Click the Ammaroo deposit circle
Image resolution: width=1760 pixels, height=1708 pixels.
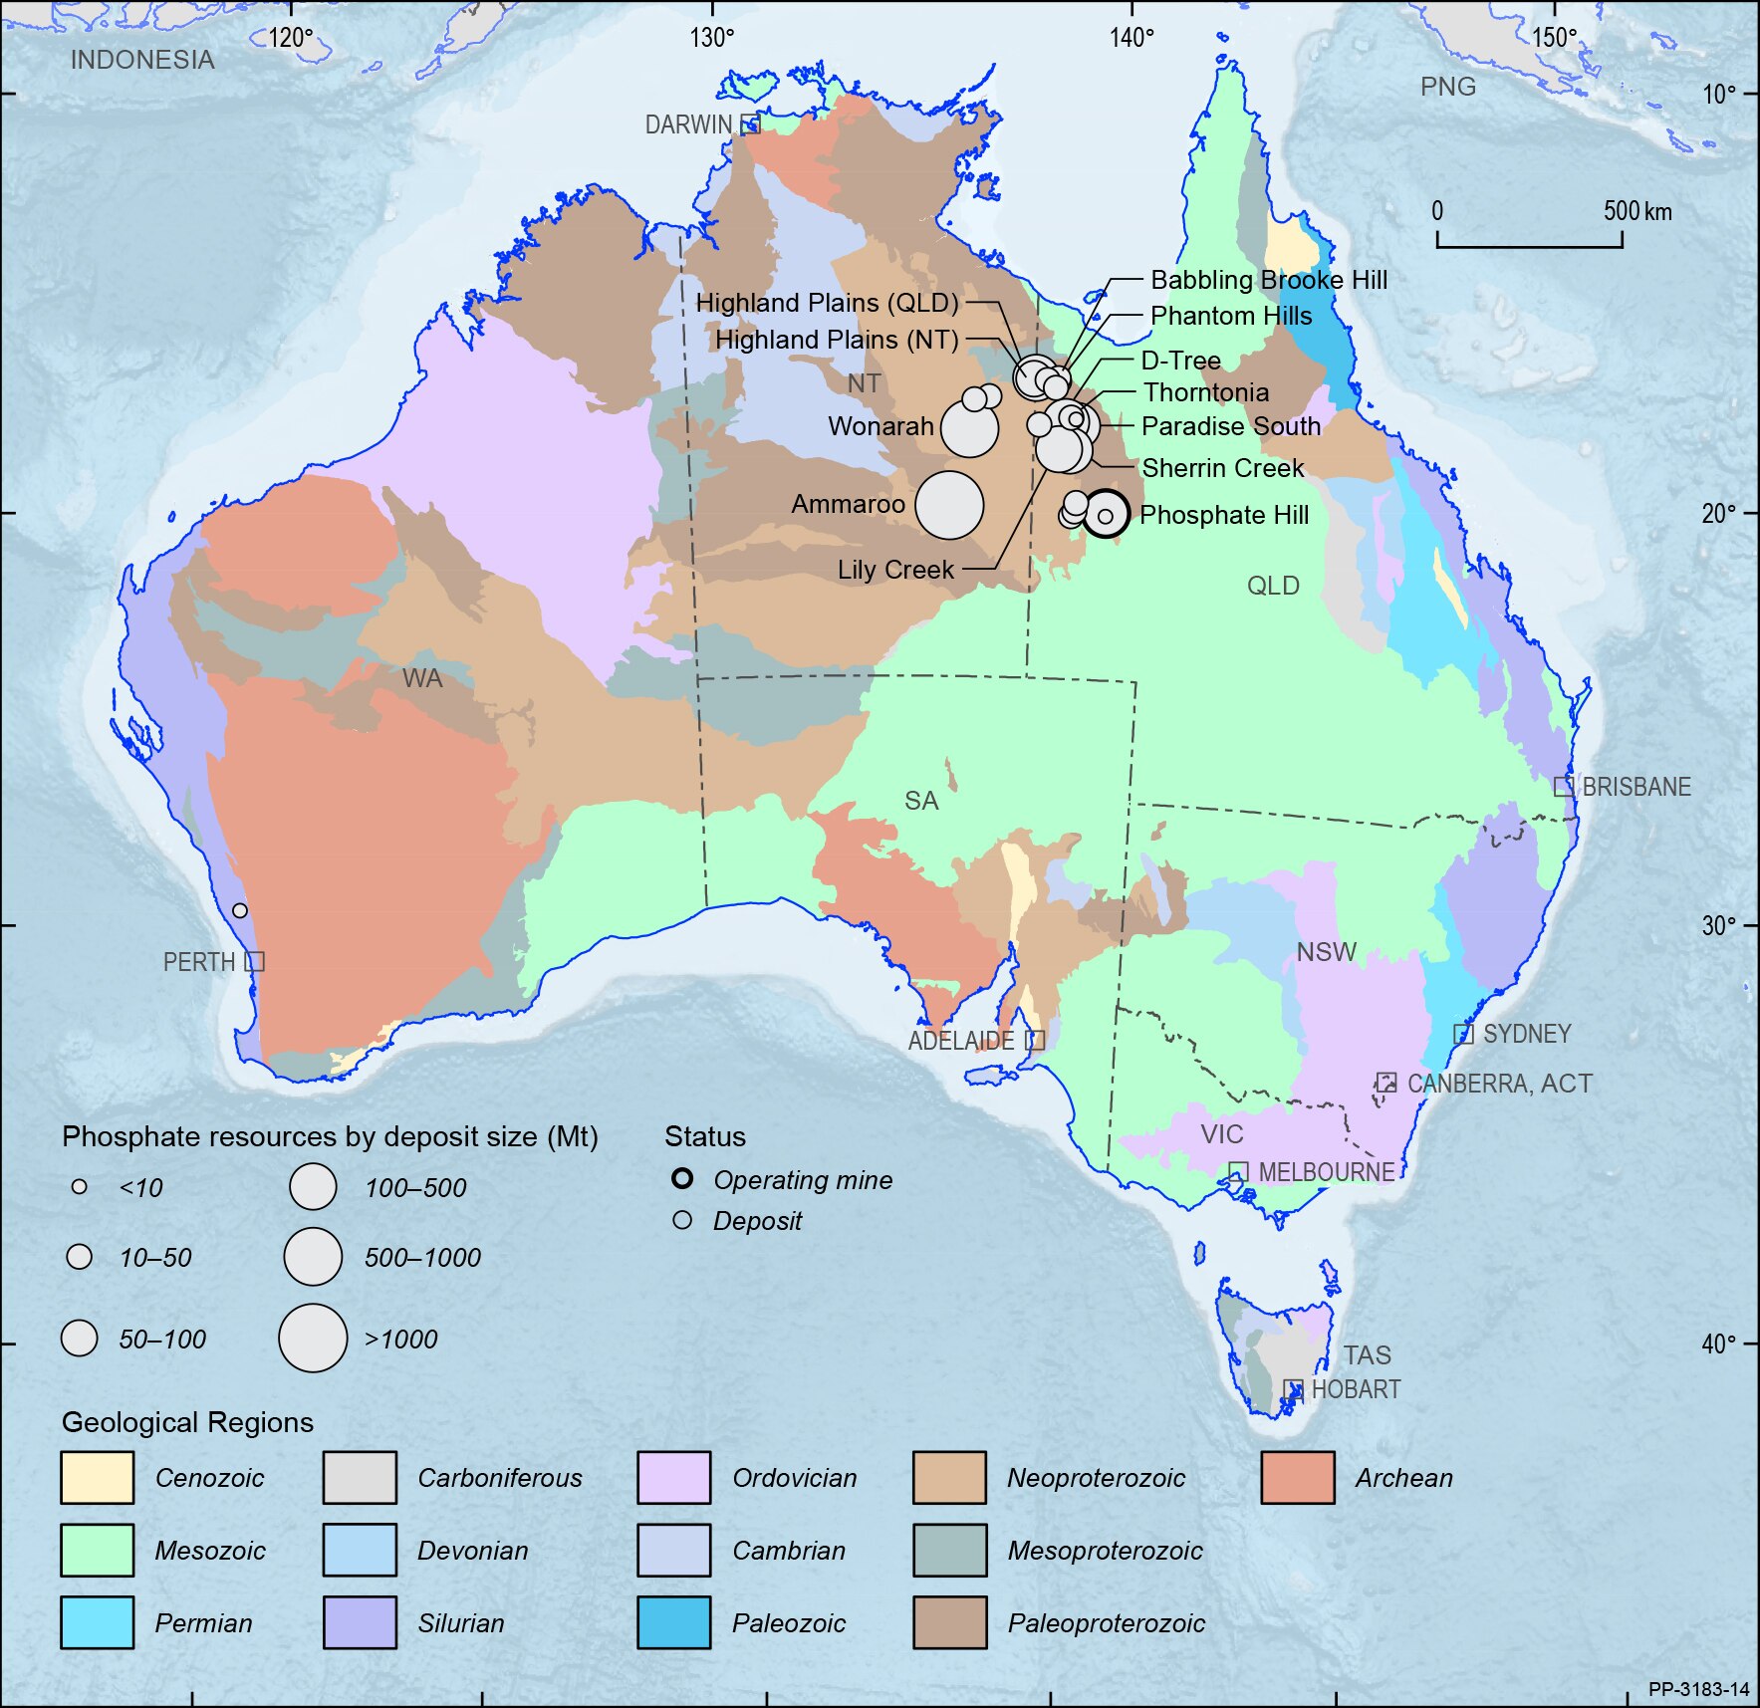coord(949,505)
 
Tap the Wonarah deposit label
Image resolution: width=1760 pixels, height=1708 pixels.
coord(880,426)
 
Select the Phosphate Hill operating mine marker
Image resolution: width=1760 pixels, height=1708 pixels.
coord(1106,515)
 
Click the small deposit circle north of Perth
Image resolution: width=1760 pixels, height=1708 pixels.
coord(240,910)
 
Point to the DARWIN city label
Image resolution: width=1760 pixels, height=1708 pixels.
coord(688,124)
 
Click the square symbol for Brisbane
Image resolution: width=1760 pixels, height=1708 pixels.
coord(1564,787)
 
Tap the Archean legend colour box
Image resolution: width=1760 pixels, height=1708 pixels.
coord(1297,1477)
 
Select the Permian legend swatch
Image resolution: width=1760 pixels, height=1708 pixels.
coord(97,1622)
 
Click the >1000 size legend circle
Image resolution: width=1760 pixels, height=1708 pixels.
coord(313,1339)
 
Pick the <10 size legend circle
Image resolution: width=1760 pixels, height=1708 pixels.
coord(80,1187)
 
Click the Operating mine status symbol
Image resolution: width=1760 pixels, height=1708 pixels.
coord(682,1179)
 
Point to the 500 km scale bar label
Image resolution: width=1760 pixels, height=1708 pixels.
coord(1636,211)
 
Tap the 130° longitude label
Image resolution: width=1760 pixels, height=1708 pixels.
coord(711,38)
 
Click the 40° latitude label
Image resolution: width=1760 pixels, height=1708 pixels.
coord(1718,1343)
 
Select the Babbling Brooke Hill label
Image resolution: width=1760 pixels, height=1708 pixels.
coord(1268,280)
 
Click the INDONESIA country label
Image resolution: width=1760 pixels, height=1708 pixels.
coord(142,60)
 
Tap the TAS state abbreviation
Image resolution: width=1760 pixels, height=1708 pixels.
coord(1367,1355)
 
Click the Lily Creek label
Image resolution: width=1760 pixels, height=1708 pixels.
coord(894,570)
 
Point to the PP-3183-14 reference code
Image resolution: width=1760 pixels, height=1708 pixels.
coord(1698,1689)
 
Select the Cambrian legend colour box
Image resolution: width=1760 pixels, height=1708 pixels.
coord(674,1550)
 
